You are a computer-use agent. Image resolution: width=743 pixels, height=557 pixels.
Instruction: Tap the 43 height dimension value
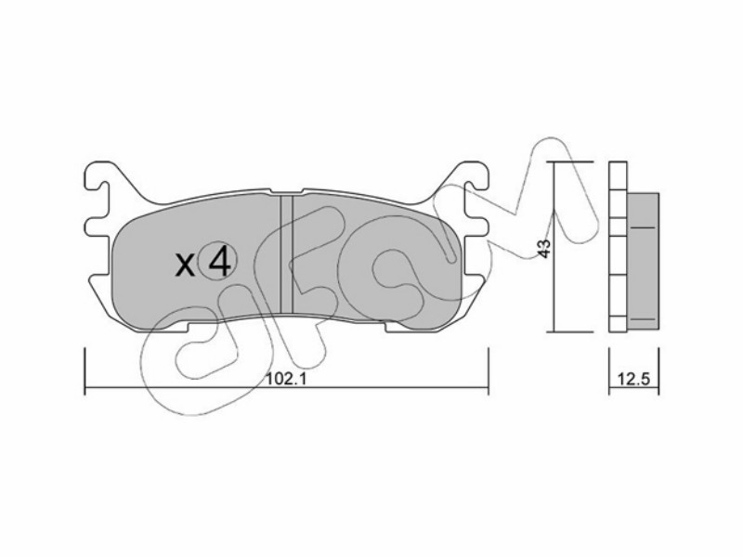pyautogui.click(x=545, y=248)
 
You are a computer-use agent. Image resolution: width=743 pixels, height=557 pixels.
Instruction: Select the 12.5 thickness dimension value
pyautogui.click(x=632, y=379)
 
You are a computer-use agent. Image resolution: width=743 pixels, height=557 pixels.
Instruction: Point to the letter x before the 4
pyautogui.click(x=185, y=265)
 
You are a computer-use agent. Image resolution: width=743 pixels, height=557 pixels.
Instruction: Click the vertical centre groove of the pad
pyautogui.click(x=286, y=254)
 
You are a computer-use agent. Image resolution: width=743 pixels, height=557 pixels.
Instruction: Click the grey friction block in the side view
pyautogui.click(x=643, y=261)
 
